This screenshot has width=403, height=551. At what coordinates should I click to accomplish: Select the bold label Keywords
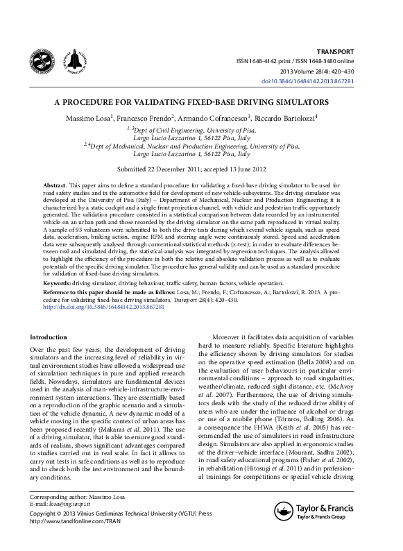click(57, 283)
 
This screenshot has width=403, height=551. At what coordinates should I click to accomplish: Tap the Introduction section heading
click(49, 337)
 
